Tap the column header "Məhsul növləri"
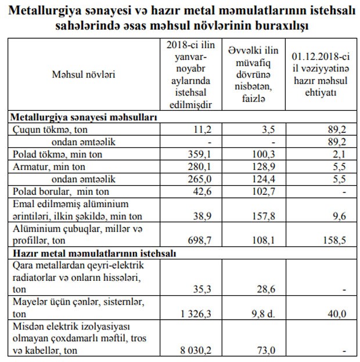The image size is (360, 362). [84, 75]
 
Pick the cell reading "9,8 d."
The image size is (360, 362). [261, 313]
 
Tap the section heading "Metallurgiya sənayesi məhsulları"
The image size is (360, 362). [85, 116]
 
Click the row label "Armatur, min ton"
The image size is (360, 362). [47, 166]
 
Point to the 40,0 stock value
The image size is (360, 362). [337, 313]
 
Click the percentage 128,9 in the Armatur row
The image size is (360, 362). [261, 166]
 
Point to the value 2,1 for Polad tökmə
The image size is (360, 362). [339, 154]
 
